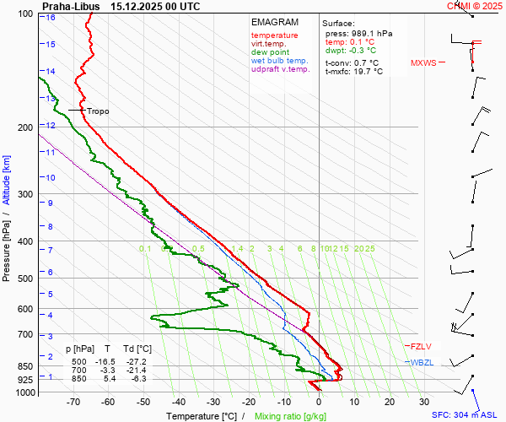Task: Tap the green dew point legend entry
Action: click(x=270, y=52)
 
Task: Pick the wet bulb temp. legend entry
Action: click(x=280, y=61)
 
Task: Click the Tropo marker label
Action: click(x=98, y=111)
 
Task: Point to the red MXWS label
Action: click(x=423, y=63)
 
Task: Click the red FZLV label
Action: click(x=420, y=347)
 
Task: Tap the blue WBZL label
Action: click(x=421, y=362)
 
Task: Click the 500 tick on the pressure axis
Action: click(x=26, y=279)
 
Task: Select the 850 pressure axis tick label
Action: click(x=26, y=367)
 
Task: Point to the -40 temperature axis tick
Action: click(x=178, y=403)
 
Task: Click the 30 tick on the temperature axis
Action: click(x=424, y=403)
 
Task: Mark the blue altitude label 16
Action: click(x=51, y=18)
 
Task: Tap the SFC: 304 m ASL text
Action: click(x=466, y=415)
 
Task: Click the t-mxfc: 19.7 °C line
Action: click(x=354, y=72)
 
